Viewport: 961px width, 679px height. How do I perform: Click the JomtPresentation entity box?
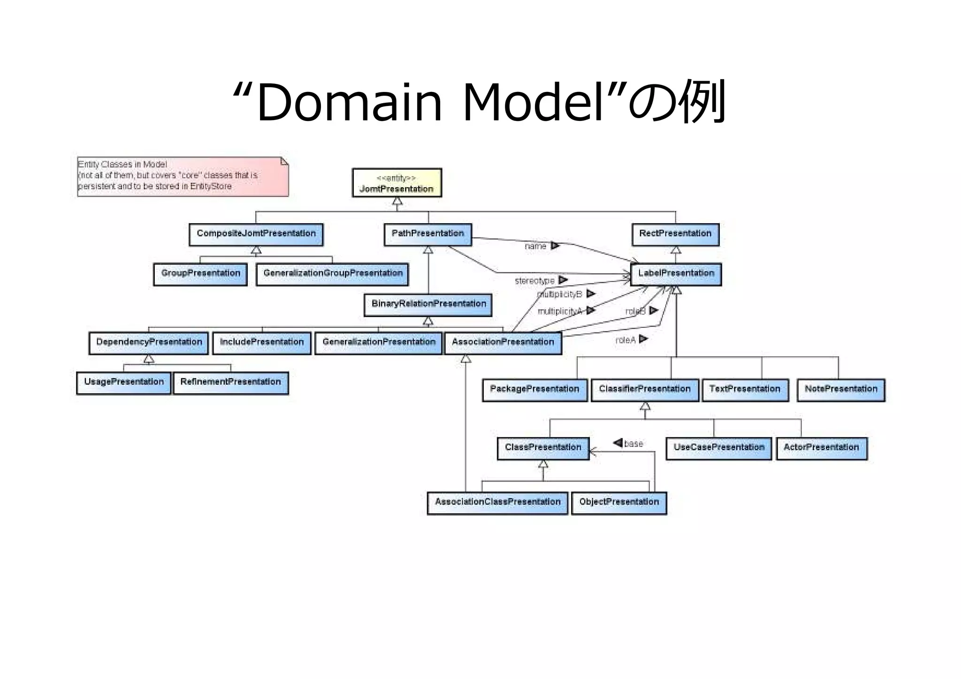[397, 183]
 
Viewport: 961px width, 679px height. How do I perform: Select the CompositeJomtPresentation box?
[256, 234]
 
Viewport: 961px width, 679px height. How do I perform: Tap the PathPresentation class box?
[427, 234]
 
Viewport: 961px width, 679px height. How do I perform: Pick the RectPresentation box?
[675, 234]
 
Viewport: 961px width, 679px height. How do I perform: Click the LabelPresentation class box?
[676, 274]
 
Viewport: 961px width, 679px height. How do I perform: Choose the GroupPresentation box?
[200, 274]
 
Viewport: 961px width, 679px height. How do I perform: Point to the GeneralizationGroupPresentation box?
[332, 274]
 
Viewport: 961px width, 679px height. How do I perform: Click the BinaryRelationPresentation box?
[428, 305]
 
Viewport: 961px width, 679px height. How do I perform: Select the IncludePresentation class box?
[262, 343]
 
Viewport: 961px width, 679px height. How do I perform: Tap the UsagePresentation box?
[124, 383]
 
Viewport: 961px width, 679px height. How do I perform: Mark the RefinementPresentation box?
[230, 383]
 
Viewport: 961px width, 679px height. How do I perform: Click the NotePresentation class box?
[841, 390]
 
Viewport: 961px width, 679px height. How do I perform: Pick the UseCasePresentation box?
[719, 448]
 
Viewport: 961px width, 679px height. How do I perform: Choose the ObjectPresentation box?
[619, 503]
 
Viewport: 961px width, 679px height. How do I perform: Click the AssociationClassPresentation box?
[497, 503]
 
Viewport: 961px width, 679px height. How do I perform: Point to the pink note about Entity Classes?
[183, 176]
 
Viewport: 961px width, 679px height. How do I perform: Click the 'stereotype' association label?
[534, 281]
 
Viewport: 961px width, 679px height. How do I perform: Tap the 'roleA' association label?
[625, 340]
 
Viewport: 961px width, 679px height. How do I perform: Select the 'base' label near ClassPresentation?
[633, 444]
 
